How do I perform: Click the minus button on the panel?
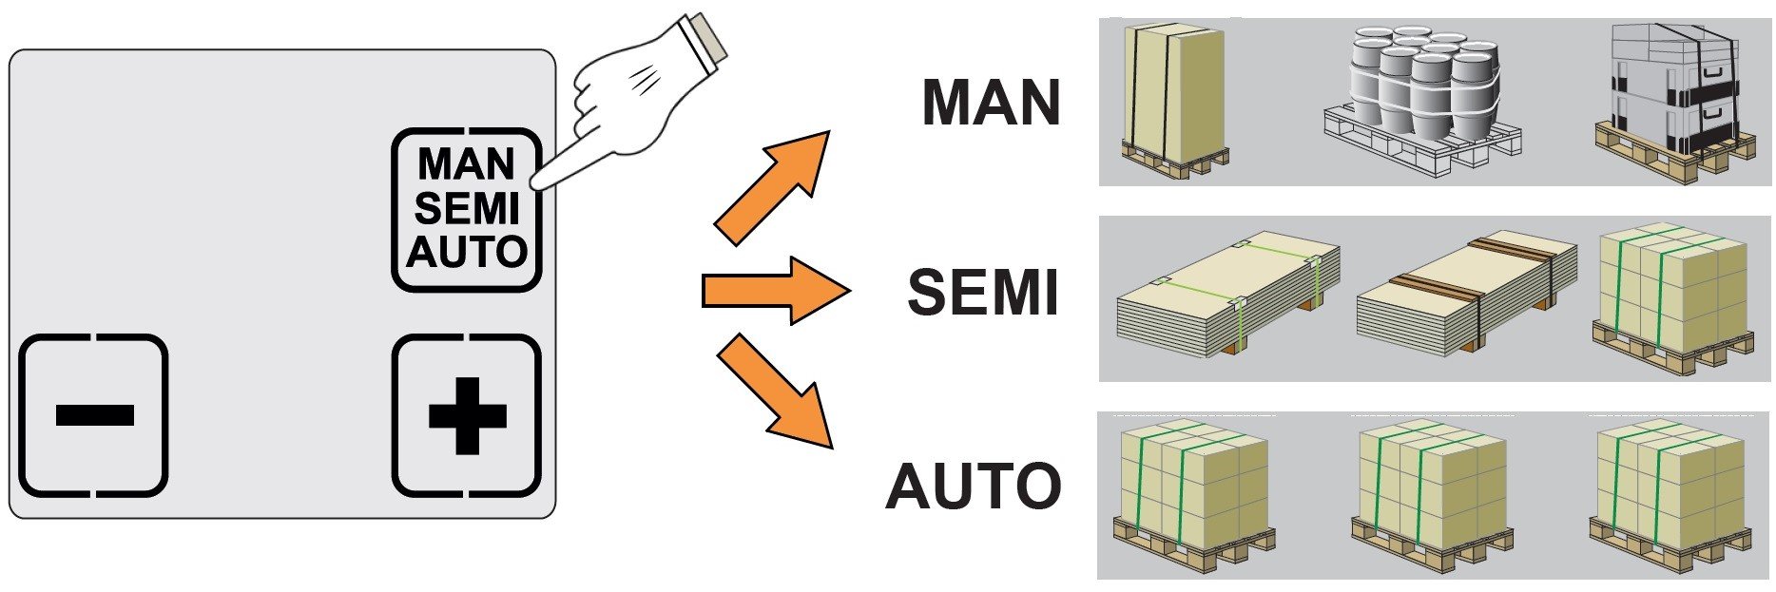pos(94,415)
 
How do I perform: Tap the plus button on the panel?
pos(467,415)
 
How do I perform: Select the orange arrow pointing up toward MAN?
pos(772,187)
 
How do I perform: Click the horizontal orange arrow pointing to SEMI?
pos(776,291)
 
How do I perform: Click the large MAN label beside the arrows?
pos(992,103)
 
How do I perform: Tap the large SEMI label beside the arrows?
pos(984,293)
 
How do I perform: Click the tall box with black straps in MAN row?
pos(1175,100)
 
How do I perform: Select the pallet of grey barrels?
pos(1422,101)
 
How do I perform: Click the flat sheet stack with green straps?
pos(1227,294)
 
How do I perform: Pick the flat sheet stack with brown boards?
pos(1466,294)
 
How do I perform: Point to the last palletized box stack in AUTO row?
pos(1671,495)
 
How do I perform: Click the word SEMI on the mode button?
pos(467,208)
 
